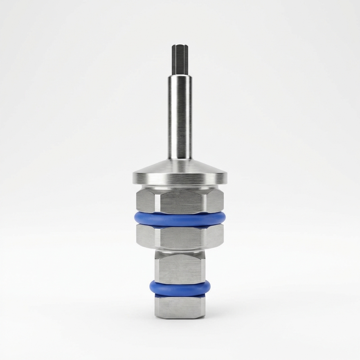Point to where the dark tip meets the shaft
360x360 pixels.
(x=180, y=75)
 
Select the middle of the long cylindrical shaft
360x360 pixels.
(x=180, y=118)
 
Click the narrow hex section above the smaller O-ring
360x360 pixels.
(x=180, y=269)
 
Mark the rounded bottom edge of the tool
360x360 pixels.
(x=180, y=317)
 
